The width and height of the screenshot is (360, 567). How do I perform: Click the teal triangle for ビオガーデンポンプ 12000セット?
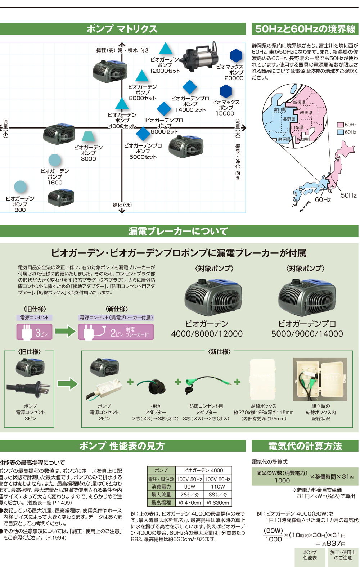165,49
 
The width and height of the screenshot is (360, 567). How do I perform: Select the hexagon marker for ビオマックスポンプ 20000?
236,56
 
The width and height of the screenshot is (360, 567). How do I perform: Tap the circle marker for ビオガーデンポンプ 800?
20,187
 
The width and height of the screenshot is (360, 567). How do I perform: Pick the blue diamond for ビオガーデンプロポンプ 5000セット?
143,134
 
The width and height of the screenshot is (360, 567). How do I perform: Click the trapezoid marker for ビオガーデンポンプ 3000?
88,137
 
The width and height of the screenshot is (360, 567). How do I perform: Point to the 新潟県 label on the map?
299,103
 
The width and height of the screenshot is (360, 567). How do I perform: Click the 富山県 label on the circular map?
279,109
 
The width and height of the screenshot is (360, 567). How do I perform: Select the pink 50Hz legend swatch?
340,125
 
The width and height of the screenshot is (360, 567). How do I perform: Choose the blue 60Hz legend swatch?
340,132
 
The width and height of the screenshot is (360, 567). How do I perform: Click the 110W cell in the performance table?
218,486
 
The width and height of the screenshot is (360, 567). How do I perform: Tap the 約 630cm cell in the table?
218,503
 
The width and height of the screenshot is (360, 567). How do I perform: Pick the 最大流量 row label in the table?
161,495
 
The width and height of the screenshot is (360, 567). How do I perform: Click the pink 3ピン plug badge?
35,332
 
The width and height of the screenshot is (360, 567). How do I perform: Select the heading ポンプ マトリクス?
122,29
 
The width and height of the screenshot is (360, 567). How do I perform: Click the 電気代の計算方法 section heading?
305,446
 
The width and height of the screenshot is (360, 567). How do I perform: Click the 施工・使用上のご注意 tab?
343,555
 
